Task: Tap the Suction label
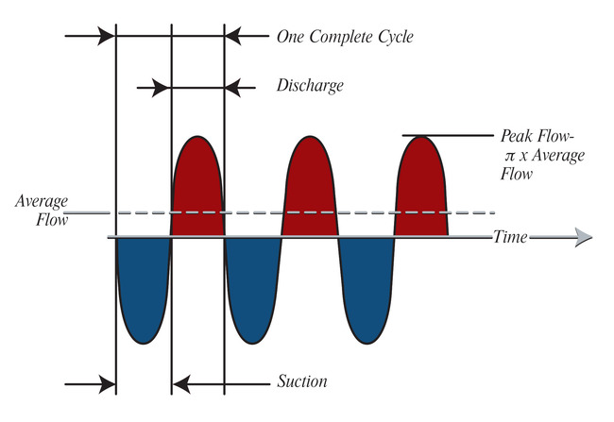point(302,382)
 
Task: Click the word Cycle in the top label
point(388,38)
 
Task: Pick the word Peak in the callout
point(519,136)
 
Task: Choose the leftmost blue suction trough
point(142,288)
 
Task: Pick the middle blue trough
point(252,288)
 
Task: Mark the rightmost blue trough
point(366,288)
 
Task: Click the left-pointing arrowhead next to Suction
point(181,383)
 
